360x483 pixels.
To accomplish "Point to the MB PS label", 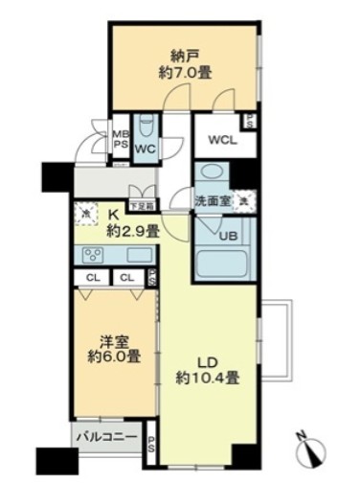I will (x=122, y=141).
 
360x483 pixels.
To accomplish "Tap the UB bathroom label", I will (x=230, y=236).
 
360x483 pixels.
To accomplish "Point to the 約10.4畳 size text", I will (x=208, y=378).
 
